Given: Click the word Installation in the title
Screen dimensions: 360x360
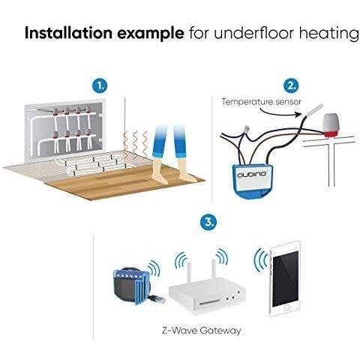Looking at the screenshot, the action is [69, 33].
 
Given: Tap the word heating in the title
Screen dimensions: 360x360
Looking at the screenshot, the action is [329, 34].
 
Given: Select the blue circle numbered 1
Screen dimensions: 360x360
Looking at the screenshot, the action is [100, 86].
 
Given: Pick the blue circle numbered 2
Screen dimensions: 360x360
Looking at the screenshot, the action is [291, 86].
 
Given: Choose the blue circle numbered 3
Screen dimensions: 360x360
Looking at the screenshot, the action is [208, 222].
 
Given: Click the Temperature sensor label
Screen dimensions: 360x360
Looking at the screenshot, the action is [261, 102].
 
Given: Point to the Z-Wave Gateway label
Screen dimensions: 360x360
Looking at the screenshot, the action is [201, 331].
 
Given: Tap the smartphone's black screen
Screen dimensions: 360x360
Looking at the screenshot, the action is [286, 279].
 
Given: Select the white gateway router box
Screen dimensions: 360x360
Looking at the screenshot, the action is [207, 297].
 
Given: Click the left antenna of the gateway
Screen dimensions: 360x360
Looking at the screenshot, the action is [189, 274].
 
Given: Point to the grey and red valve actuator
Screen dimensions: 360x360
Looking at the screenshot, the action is [331, 125].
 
